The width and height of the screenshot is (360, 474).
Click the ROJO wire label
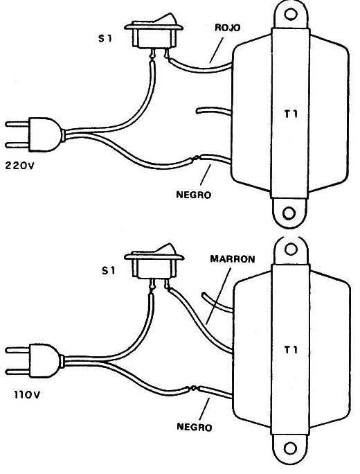click(x=227, y=28)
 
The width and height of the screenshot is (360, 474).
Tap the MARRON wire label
click(x=232, y=259)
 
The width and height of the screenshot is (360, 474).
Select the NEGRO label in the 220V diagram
click(x=194, y=195)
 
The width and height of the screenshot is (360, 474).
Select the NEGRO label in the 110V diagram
click(x=195, y=427)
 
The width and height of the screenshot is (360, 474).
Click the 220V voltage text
click(x=20, y=166)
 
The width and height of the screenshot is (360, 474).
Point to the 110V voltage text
click(x=26, y=395)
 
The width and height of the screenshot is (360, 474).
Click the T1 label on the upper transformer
click(x=291, y=114)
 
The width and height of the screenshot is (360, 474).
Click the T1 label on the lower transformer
click(x=291, y=350)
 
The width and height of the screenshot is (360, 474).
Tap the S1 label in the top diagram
click(x=105, y=38)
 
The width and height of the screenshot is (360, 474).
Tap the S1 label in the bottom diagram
click(x=108, y=270)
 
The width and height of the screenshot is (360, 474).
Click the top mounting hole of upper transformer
click(x=290, y=14)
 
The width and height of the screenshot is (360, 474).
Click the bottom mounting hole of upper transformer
click(x=289, y=213)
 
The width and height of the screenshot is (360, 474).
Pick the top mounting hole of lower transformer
click(x=291, y=249)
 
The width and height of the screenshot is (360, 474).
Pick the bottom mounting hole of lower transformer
click(x=291, y=448)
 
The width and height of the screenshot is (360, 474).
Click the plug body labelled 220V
click(x=46, y=134)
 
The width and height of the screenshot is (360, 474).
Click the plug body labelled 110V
click(x=46, y=360)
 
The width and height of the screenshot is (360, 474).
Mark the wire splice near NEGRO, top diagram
click(x=197, y=158)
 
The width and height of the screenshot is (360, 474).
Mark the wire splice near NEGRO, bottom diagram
click(x=193, y=389)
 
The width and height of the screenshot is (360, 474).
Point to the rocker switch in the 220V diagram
click(x=154, y=34)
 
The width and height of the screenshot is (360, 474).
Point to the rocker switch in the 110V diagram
click(x=154, y=265)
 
